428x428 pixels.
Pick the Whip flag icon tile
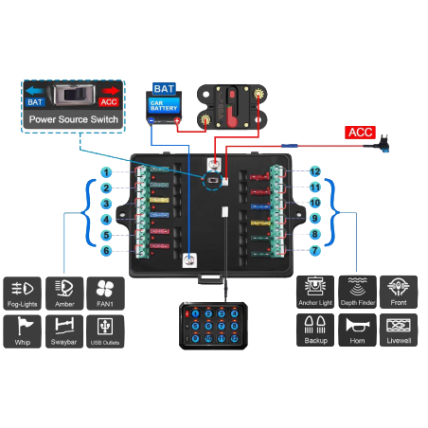click(x=23, y=331)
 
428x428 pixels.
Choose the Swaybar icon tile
click(x=63, y=331)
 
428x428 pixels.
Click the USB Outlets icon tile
click(x=105, y=331)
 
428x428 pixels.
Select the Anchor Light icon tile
click(x=315, y=293)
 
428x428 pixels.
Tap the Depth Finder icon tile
click(x=357, y=293)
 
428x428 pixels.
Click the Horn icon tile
click(x=357, y=331)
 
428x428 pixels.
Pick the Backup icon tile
click(x=315, y=331)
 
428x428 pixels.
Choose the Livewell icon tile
click(x=399, y=331)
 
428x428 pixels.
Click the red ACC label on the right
click(x=360, y=132)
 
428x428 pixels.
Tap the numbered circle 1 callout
click(x=108, y=172)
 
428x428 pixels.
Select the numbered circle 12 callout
click(x=313, y=172)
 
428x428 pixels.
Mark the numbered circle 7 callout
click(x=313, y=250)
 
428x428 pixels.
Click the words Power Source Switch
click(x=73, y=120)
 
